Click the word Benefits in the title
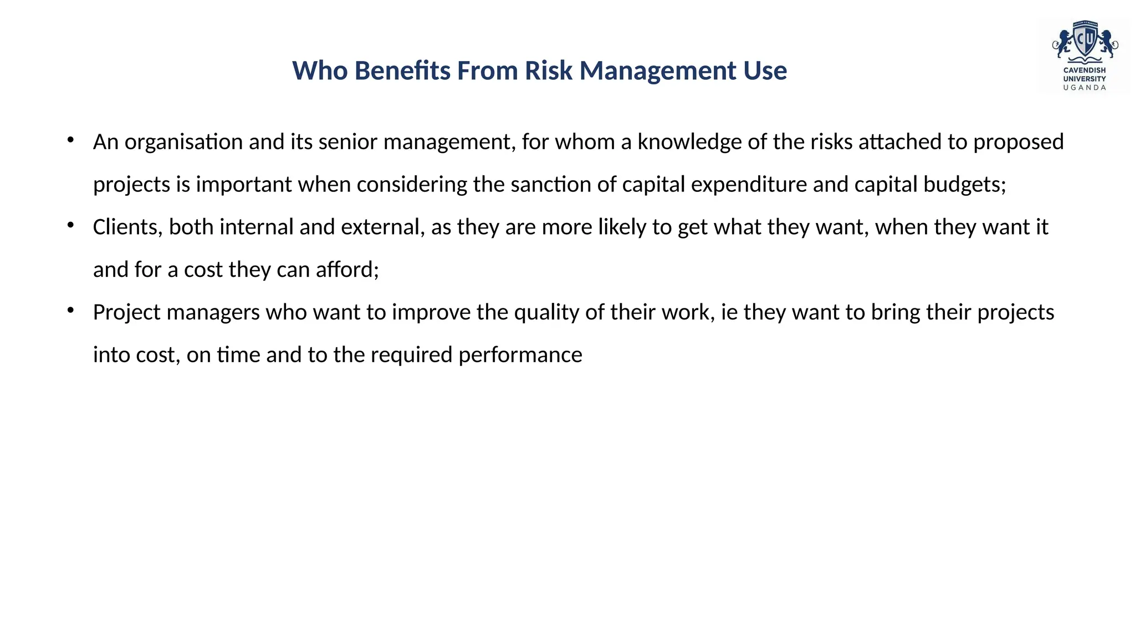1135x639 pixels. [x=402, y=71]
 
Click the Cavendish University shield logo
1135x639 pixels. [x=1085, y=41]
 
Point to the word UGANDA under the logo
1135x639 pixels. [x=1085, y=88]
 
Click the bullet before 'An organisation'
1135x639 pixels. [x=70, y=140]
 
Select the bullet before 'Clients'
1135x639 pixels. [x=70, y=225]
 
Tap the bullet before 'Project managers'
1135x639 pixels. [x=70, y=310]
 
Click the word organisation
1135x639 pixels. [x=183, y=143]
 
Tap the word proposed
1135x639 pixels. [x=1019, y=143]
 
